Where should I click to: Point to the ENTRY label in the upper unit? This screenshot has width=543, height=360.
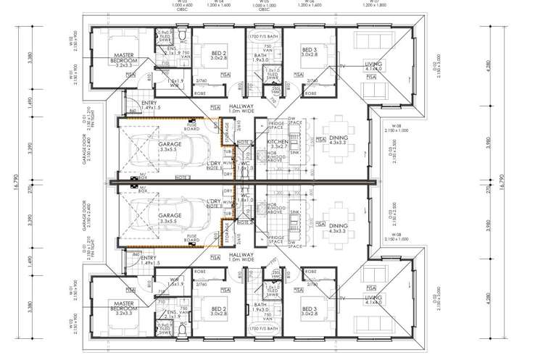(x=151, y=105)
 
